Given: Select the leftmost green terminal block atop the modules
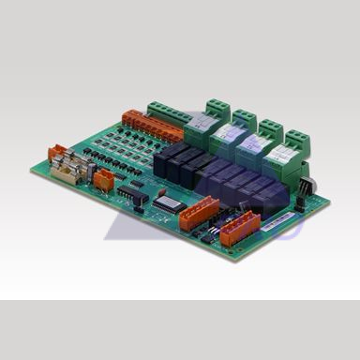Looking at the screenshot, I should pyautogui.click(x=218, y=107).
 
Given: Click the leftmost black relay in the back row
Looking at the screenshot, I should pyautogui.click(x=175, y=151).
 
